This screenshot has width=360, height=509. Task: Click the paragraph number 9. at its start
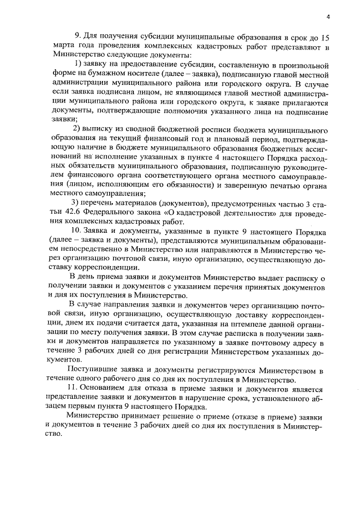[x=78, y=38]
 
